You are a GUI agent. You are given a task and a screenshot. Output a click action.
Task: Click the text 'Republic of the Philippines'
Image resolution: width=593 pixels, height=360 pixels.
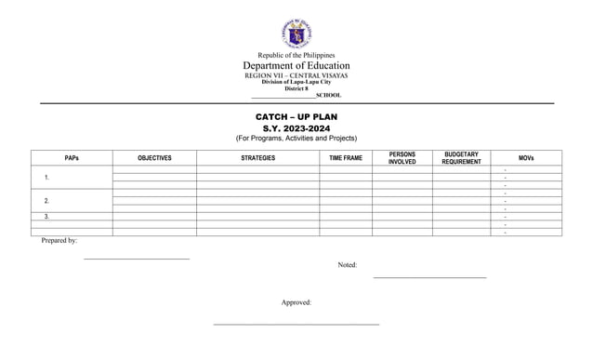[x=296, y=56]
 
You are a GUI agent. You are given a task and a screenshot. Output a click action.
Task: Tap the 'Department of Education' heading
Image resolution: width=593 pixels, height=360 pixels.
[x=296, y=66]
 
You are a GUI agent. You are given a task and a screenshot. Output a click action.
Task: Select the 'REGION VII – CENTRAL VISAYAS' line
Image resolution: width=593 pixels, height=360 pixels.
[x=296, y=75]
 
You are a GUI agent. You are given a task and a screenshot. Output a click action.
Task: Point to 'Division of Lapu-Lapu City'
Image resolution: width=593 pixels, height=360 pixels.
[x=296, y=82]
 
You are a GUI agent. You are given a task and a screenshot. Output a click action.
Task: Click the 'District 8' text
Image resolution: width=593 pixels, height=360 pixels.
[x=296, y=88]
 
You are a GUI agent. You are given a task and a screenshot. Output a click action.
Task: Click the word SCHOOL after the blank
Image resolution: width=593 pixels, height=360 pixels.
[x=328, y=95]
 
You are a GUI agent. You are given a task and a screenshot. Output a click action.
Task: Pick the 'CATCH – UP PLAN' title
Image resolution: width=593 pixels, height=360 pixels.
[x=296, y=117]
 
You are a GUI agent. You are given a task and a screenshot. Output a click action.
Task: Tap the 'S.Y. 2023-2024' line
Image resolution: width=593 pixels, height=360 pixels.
[x=296, y=128]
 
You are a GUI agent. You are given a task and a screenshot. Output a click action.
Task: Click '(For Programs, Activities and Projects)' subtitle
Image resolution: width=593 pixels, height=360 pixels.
[x=296, y=139]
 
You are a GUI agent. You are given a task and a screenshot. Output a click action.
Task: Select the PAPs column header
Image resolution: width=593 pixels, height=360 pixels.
[x=72, y=158]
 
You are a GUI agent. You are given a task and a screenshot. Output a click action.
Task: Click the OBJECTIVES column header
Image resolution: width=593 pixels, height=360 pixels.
[x=154, y=158]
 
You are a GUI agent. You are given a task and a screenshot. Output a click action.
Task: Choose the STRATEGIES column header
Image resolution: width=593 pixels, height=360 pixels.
[x=257, y=158]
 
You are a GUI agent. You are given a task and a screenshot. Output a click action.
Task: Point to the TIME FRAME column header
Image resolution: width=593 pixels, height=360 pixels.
[x=346, y=158]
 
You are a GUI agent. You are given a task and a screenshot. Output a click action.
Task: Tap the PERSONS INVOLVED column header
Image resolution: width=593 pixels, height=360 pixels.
[x=402, y=158]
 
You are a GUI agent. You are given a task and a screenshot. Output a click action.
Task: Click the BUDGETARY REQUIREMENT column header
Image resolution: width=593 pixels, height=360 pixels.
[x=461, y=158]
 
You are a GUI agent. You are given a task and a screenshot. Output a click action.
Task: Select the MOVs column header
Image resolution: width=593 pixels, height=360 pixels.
[x=526, y=158]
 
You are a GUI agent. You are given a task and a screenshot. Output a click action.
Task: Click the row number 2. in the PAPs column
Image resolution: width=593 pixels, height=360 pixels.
[x=46, y=201]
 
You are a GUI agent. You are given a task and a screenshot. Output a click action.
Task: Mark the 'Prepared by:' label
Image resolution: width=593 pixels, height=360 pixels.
[x=59, y=241]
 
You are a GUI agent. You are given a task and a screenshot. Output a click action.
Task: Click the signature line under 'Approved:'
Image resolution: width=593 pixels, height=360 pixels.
[x=296, y=324]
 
